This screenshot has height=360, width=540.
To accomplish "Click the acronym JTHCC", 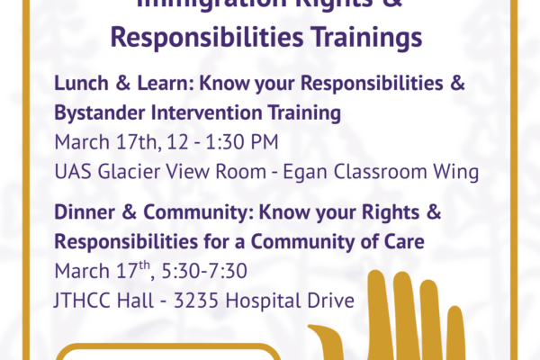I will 84,300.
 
